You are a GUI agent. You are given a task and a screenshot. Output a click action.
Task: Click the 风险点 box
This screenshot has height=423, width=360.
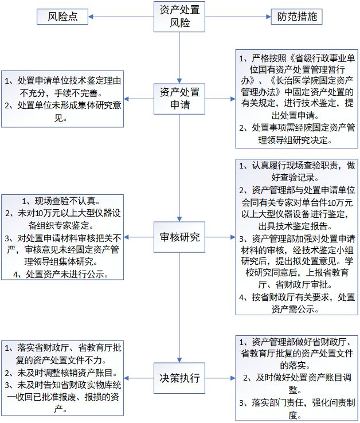62,17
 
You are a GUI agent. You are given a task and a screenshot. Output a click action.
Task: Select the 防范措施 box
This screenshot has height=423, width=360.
296,17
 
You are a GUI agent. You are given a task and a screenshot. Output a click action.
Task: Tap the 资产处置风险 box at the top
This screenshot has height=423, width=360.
179,17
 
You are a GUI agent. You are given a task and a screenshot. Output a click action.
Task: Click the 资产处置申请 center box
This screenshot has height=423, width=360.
179,99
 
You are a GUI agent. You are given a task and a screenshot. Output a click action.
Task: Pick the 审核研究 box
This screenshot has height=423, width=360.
179,237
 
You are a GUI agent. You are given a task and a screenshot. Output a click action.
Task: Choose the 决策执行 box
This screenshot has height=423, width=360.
179,378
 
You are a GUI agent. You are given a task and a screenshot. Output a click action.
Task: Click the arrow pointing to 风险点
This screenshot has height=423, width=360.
121,17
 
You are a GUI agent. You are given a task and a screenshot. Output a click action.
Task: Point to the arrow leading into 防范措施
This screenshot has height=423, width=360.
238,17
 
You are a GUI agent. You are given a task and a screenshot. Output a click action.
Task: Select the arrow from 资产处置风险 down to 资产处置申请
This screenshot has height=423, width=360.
179,58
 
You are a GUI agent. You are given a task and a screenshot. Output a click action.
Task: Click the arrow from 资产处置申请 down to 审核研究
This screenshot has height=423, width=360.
179,168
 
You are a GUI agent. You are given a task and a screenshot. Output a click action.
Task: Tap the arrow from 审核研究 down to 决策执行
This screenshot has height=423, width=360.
179,308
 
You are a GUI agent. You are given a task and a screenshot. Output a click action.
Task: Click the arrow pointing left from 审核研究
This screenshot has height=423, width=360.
139,237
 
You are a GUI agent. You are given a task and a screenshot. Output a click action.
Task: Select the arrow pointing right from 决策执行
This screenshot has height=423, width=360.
220,378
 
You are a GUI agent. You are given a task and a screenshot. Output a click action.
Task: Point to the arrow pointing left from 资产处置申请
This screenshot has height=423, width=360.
139,99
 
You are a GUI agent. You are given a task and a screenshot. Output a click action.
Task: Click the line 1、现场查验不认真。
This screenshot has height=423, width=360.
61,201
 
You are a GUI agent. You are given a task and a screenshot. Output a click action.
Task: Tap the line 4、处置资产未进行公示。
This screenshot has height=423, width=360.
61,275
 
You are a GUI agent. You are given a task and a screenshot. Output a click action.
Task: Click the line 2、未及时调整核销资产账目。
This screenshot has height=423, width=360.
61,373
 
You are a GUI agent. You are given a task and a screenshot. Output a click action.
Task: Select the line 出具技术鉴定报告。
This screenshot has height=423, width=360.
296,226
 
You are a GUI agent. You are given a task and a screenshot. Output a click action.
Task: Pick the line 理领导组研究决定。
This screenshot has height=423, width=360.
296,140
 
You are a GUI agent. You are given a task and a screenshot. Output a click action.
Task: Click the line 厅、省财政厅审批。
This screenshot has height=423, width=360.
296,284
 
